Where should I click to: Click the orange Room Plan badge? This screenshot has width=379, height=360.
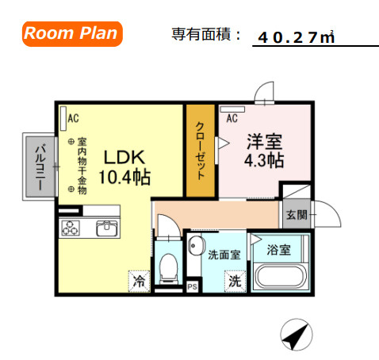click(71, 33)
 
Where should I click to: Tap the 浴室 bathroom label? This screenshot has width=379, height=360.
click(278, 249)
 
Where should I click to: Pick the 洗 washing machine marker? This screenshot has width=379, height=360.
click(235, 281)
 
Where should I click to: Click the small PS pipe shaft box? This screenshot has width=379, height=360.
click(191, 286)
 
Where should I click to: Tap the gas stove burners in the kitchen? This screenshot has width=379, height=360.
click(71, 229)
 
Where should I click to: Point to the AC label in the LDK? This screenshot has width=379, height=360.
click(73, 118)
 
